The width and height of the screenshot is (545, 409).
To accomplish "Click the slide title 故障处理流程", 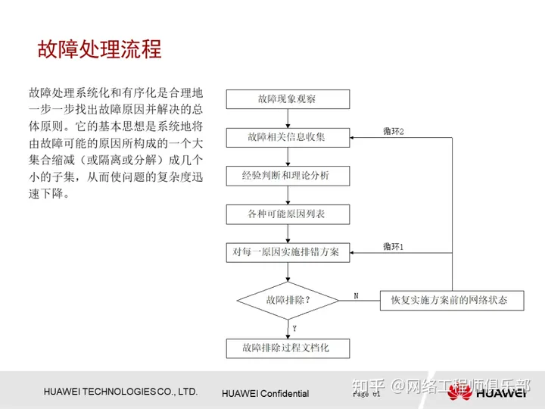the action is tap(99, 49).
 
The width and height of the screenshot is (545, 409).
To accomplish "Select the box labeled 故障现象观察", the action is tap(288, 99).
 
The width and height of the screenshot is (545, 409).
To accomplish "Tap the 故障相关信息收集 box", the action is tap(288, 138).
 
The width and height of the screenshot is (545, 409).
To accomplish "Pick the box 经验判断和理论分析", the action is tap(288, 176).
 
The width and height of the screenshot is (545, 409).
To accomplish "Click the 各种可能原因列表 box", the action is tap(288, 214).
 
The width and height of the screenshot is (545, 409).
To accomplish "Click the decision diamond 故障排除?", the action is tap(288, 300).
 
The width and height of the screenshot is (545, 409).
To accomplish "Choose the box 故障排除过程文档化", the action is tap(288, 348).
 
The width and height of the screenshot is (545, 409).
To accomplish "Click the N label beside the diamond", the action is tap(356, 295).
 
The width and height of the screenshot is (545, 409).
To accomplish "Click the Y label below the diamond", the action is tap(294, 328).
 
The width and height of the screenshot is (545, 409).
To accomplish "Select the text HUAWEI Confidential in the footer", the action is tap(265, 394).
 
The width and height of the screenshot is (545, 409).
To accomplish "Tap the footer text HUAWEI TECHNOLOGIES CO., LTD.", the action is tap(120, 392).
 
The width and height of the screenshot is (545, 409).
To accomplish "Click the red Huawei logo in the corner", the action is tap(459, 392).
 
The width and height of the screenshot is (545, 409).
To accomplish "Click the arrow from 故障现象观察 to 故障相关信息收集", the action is tap(288, 118).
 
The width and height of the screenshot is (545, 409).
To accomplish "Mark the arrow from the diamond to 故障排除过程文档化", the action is tap(288, 329).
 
